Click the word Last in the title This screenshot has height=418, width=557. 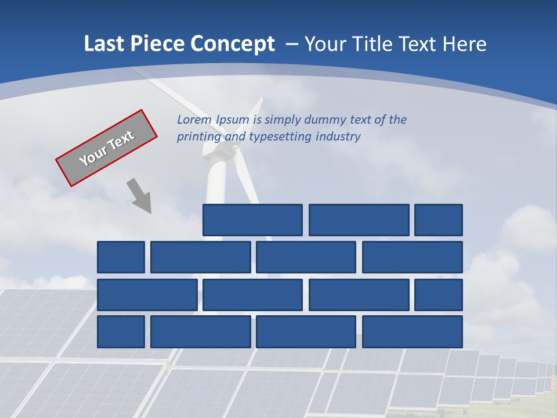point(103,44)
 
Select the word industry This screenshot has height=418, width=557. point(338,137)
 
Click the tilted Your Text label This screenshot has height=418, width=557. point(106,148)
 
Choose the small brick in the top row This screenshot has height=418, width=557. point(439,220)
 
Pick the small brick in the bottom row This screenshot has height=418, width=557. point(121,332)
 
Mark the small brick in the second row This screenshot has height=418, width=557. point(121,257)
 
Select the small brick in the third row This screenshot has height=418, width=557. point(439,295)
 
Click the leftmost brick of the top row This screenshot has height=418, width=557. point(252,220)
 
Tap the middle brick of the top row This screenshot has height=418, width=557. point(359,220)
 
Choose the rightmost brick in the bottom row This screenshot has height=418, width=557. point(413,332)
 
